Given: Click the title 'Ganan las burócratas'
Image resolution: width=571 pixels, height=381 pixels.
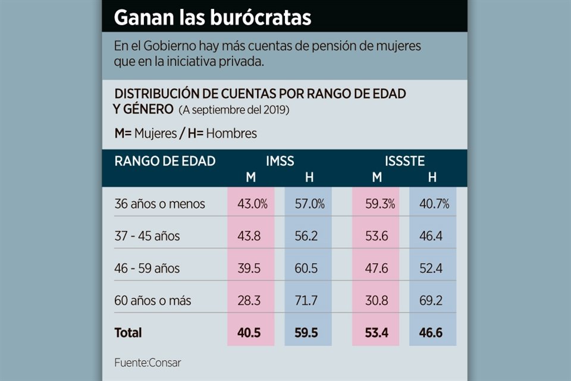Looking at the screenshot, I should click(212, 17).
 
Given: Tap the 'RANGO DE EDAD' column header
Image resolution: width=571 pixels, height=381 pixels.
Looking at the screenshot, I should click(164, 161).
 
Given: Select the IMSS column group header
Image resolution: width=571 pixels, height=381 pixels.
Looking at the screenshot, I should click(280, 161).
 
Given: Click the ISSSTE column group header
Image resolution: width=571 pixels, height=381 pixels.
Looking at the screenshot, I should click(404, 161).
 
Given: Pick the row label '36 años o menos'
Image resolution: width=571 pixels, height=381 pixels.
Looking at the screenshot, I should click(159, 204).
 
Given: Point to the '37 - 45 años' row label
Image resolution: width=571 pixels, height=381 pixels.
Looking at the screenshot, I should click(147, 236).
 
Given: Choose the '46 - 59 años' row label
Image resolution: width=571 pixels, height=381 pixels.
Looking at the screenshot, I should click(147, 268).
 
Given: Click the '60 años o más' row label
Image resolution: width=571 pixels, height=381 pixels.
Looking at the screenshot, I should click(153, 301).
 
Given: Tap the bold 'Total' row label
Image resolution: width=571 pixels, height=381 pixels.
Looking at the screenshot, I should click(128, 333).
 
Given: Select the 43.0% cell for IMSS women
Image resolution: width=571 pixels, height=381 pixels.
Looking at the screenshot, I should click(252, 204).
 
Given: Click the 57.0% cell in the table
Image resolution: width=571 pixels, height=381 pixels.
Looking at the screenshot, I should click(309, 204).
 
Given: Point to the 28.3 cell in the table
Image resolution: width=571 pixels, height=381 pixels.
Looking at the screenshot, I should click(249, 301).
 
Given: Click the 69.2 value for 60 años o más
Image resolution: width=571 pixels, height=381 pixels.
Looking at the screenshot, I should click(431, 301).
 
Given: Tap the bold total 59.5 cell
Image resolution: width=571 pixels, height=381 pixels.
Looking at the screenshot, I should click(306, 333).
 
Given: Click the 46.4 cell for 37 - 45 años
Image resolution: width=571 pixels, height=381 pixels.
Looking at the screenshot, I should click(431, 236).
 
